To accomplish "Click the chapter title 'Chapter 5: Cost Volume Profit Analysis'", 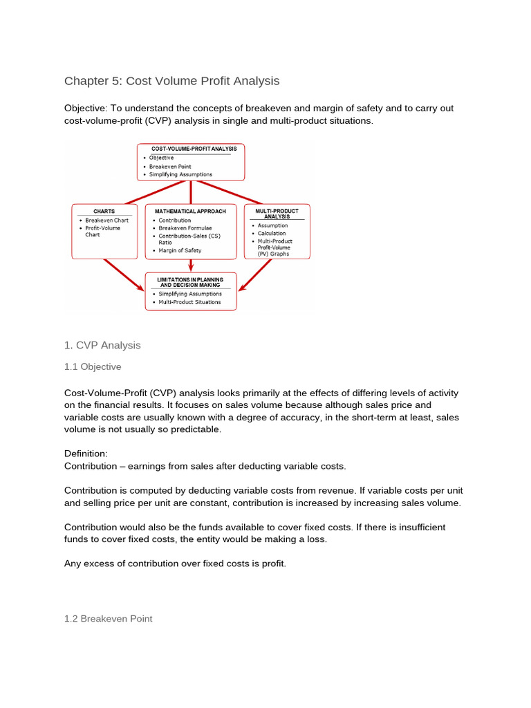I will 171,81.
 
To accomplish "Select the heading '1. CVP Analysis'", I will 102,344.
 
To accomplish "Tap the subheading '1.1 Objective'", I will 93,366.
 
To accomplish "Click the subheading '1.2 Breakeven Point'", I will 108,619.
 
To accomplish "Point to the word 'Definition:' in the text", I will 86,454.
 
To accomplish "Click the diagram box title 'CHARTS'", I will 104,211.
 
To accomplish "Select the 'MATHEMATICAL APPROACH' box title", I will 190,211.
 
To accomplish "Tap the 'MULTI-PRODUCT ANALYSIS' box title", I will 277,213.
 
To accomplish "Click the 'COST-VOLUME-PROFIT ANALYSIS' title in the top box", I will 190,149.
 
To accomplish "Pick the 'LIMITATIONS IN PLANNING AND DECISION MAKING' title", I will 190,282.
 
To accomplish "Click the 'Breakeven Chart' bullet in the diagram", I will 107,220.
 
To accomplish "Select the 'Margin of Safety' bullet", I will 180,250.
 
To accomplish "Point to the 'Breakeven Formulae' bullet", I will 185,227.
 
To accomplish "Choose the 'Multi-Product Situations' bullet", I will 189,302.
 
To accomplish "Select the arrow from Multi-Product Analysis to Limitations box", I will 257,275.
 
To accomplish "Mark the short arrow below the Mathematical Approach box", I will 191,265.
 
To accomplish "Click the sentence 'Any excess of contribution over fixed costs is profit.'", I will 174,563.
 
